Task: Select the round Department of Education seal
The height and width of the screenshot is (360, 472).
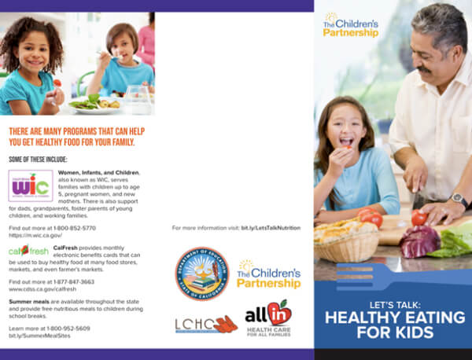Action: coord(201,274)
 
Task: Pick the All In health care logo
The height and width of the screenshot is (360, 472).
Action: coord(267,319)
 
